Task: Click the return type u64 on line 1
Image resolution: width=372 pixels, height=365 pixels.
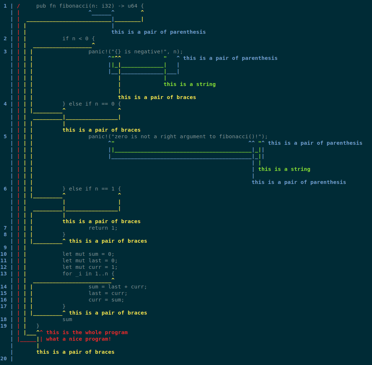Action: click(x=133, y=6)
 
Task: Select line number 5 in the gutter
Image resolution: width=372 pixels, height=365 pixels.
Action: click(x=5, y=136)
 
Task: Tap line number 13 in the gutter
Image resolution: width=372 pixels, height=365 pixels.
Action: click(x=4, y=274)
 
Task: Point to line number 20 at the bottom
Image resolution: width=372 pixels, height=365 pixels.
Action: click(x=4, y=358)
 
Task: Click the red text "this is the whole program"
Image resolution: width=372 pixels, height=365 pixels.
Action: click(x=87, y=332)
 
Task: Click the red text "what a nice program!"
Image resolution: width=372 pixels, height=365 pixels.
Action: click(x=78, y=339)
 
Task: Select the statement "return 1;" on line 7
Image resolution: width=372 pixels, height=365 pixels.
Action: click(x=103, y=228)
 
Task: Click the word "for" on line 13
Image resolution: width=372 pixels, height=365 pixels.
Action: click(x=67, y=274)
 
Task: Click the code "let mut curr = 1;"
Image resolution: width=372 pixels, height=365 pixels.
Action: click(x=90, y=267)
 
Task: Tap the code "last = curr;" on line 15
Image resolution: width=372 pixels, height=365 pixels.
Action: click(x=108, y=293)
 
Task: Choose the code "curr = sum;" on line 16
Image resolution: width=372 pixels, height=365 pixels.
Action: click(x=106, y=300)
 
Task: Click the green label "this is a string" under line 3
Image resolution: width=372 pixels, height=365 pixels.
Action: click(x=189, y=84)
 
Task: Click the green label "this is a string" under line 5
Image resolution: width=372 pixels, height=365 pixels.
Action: click(x=284, y=169)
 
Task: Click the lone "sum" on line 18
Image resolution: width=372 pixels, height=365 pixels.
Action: click(x=67, y=319)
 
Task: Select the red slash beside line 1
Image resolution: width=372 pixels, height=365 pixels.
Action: click(x=18, y=6)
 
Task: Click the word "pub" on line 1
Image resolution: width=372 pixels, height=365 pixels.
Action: click(x=41, y=6)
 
